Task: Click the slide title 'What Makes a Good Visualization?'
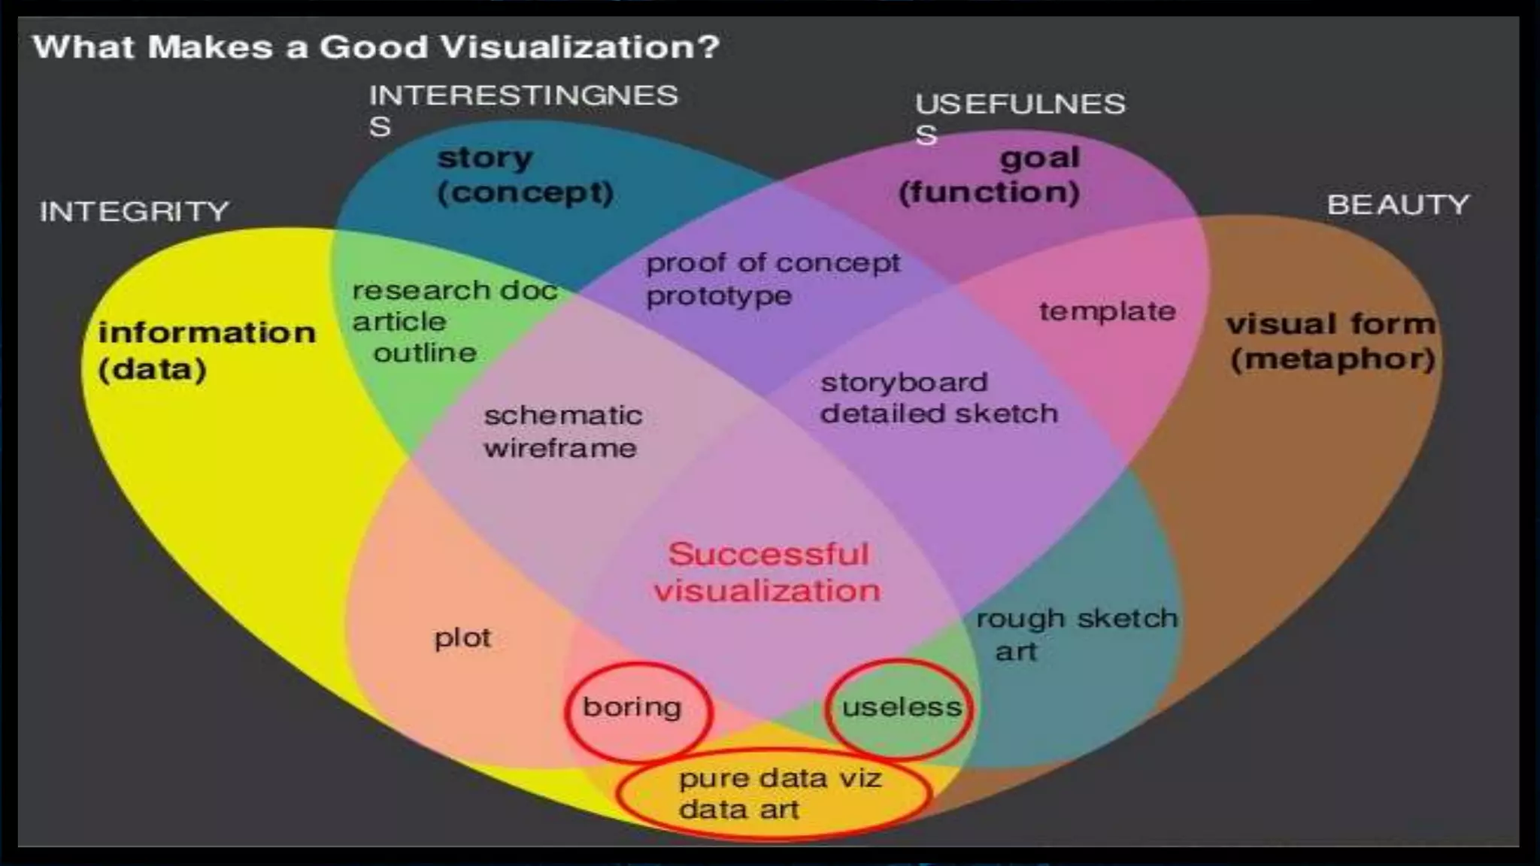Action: (x=376, y=47)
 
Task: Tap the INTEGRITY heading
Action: (x=135, y=211)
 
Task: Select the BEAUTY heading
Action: (x=1398, y=205)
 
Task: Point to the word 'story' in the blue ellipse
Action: (x=485, y=158)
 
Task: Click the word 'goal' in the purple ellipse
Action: (x=1040, y=158)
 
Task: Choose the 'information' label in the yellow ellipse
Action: (x=207, y=333)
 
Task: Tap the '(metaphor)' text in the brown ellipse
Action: (x=1332, y=359)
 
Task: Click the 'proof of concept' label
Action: (x=773, y=263)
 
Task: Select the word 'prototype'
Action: (x=719, y=296)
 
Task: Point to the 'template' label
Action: (x=1108, y=311)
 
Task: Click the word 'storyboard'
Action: (x=904, y=383)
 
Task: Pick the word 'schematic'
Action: (x=563, y=416)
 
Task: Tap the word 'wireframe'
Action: (x=560, y=449)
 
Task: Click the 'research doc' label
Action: (x=455, y=290)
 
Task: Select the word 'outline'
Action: (x=425, y=353)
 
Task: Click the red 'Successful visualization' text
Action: (x=768, y=572)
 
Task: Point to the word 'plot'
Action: (x=462, y=638)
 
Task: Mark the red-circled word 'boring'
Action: (x=632, y=707)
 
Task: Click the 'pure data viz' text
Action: (x=780, y=778)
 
